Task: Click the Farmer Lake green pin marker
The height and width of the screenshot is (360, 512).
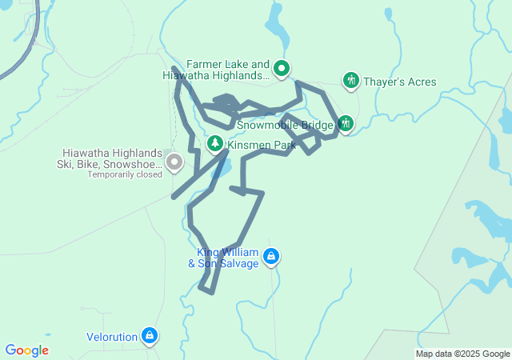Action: tap(282, 69)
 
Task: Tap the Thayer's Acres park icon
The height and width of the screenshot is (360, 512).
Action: tap(350, 81)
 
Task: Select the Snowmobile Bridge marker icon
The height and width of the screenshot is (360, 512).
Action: tap(346, 123)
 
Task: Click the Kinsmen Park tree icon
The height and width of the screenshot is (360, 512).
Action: tap(215, 144)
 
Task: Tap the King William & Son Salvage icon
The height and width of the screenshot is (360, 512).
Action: tap(271, 256)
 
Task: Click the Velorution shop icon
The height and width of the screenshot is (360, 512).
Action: tap(149, 336)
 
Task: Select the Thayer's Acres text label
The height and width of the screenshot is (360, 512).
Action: tap(399, 82)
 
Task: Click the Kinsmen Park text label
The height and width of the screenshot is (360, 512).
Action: tap(262, 146)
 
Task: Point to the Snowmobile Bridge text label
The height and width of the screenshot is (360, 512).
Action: tap(285, 126)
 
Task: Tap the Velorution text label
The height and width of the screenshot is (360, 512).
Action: tap(112, 337)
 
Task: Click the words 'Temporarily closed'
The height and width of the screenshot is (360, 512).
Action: tap(125, 174)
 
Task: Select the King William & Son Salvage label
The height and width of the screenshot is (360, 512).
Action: tap(223, 258)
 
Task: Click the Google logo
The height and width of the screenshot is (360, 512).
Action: tap(26, 350)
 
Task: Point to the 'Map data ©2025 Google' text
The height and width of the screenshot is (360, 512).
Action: tap(462, 354)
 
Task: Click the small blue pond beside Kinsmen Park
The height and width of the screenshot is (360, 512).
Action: tap(223, 168)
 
